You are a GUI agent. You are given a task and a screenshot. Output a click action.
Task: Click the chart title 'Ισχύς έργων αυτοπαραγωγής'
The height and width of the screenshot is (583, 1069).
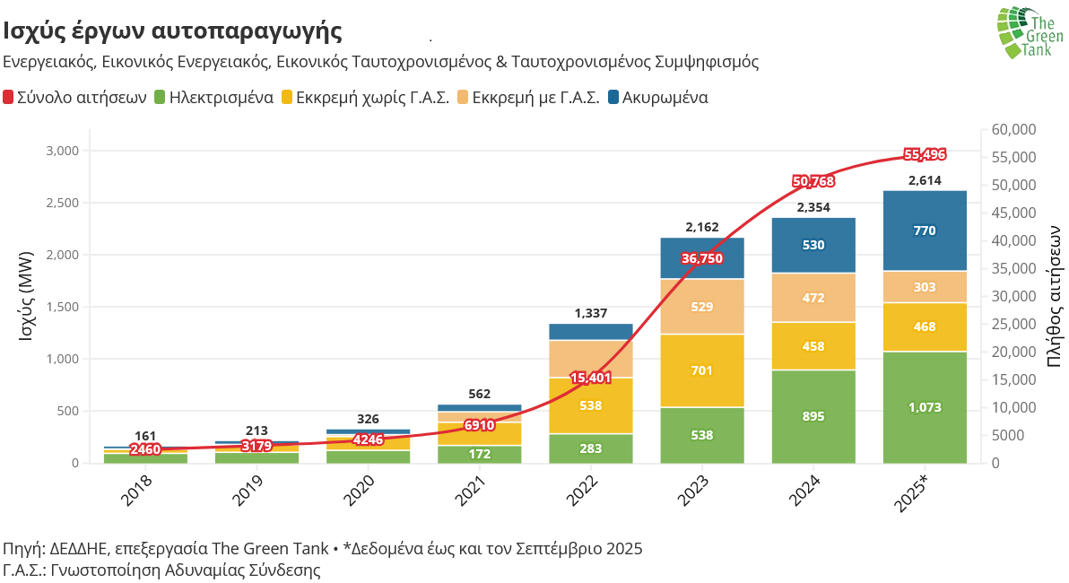point(172,31)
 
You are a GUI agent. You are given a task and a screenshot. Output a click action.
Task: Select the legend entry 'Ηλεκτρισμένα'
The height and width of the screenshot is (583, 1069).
point(213,98)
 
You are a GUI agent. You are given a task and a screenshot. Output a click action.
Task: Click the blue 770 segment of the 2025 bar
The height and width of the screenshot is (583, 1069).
point(925,231)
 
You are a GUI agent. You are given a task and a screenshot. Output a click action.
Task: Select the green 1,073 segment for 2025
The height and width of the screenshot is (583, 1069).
point(925,407)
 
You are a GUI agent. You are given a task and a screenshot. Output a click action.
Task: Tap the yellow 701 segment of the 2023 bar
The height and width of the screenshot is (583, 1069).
point(702,370)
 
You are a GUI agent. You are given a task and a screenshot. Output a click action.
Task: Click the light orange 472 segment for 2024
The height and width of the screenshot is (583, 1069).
point(813,298)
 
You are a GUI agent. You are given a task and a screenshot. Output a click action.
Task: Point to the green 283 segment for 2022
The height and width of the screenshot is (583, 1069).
point(591,448)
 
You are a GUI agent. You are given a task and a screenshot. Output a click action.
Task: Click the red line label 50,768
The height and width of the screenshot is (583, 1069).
point(813,181)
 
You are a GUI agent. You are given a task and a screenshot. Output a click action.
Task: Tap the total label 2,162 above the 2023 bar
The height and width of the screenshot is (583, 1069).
point(702,227)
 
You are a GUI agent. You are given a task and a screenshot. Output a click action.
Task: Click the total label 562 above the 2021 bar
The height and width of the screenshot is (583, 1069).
point(480,394)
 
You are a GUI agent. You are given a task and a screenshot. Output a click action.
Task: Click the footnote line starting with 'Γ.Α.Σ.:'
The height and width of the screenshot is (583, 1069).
point(161,570)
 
